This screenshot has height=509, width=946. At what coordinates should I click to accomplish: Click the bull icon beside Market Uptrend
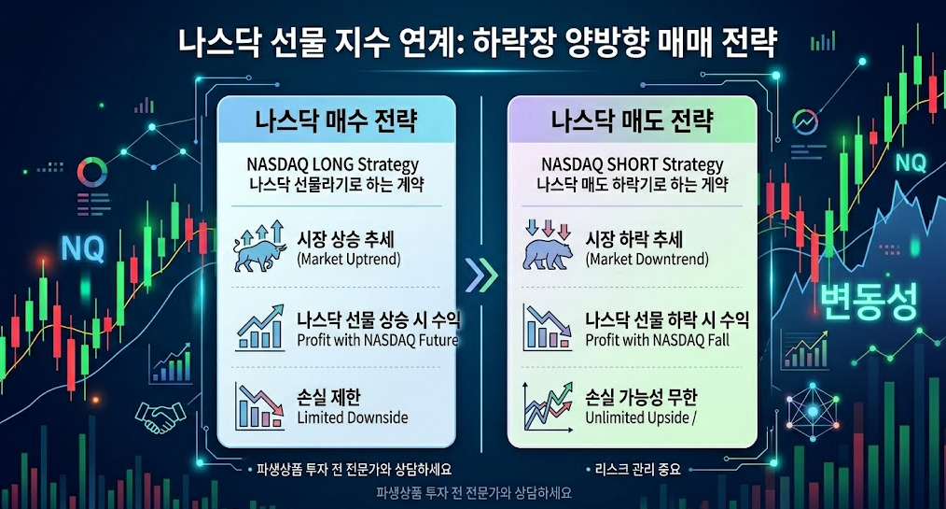(x=259, y=247)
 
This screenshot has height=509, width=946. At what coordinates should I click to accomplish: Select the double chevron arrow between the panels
(x=481, y=276)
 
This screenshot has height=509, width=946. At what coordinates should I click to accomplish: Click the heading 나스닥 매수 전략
(x=336, y=120)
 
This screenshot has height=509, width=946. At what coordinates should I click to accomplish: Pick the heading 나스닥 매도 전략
(x=632, y=120)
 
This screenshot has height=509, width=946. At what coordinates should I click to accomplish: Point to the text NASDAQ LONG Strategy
(x=332, y=164)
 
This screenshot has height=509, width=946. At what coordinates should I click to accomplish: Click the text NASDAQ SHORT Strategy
(x=632, y=164)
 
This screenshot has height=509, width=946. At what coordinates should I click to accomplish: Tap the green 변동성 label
(x=869, y=301)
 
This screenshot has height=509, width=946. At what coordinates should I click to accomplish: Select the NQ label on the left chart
(x=83, y=248)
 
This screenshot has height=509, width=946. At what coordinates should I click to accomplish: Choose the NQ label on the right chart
(x=911, y=163)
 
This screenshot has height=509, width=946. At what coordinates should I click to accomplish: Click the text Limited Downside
(x=353, y=417)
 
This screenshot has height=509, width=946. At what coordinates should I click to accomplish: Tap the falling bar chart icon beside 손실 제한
(x=259, y=405)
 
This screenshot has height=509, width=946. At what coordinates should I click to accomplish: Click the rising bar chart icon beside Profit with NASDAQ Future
(x=260, y=327)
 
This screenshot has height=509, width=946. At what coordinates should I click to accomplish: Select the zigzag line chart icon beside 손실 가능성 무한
(x=549, y=406)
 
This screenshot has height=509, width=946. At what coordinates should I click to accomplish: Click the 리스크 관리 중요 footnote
(x=638, y=469)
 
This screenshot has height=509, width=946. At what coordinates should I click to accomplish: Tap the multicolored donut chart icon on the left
(x=92, y=172)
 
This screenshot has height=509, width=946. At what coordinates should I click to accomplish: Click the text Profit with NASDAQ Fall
(x=657, y=340)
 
